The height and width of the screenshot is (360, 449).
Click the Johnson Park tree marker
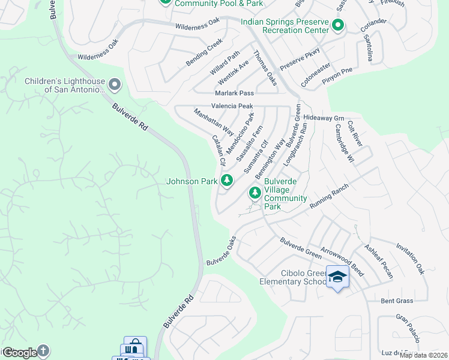(226, 180)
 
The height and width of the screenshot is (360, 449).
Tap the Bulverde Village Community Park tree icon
(255, 193)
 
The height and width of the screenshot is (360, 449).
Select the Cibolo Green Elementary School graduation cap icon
(338, 277)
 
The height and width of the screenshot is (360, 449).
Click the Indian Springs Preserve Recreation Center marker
(338, 26)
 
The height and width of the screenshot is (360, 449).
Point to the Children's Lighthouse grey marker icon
(115, 85)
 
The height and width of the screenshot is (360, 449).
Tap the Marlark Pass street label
(235, 94)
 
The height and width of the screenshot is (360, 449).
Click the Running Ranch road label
(329, 196)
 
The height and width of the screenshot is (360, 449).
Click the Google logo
(19, 353)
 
